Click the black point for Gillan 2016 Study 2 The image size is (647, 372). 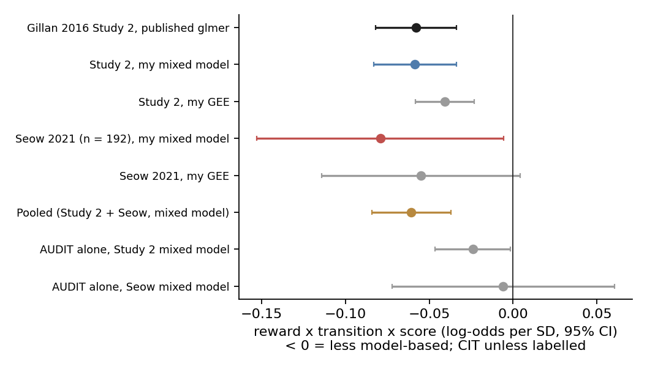tap(416, 28)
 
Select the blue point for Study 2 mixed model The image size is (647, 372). tap(415, 65)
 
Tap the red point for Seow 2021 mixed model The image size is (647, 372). tap(380, 138)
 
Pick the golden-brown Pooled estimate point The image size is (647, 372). tap(411, 212)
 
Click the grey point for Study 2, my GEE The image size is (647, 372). tap(445, 102)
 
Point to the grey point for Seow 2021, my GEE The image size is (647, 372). tap(421, 176)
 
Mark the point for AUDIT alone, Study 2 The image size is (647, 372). tap(473, 249)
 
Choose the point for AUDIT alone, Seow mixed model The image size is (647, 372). tap(503, 286)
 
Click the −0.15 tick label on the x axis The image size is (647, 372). tap(262, 314)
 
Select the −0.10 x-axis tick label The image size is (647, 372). tap(346, 314)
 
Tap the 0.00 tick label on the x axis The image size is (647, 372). tap(513, 314)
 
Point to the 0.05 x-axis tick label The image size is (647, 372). tap(597, 314)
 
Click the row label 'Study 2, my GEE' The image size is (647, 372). tap(184, 102)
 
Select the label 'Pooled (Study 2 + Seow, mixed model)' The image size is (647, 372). tap(123, 213)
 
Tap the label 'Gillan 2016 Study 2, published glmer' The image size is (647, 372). tap(128, 28)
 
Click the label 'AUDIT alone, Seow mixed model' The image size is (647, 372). tap(140, 287)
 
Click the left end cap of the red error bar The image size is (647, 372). tap(257, 138)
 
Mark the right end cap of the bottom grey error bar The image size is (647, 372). tap(615, 286)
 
